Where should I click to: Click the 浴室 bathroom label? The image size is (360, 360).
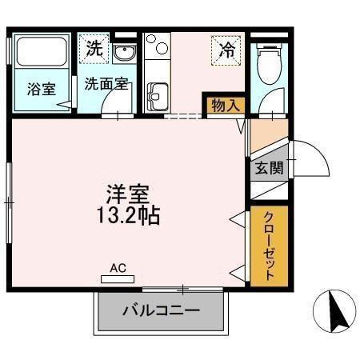[x=42, y=89]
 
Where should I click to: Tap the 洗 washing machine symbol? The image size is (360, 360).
[x=94, y=48]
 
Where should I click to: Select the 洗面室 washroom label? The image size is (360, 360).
[x=102, y=83]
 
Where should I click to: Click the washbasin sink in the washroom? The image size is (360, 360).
[x=123, y=54]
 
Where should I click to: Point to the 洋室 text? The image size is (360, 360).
[x=129, y=194]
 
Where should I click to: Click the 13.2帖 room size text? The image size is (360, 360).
[x=129, y=215]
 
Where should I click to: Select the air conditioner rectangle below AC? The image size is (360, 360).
[x=117, y=279]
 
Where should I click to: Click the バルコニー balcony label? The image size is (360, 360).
[x=161, y=310]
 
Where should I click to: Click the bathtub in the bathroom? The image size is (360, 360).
[x=42, y=54]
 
